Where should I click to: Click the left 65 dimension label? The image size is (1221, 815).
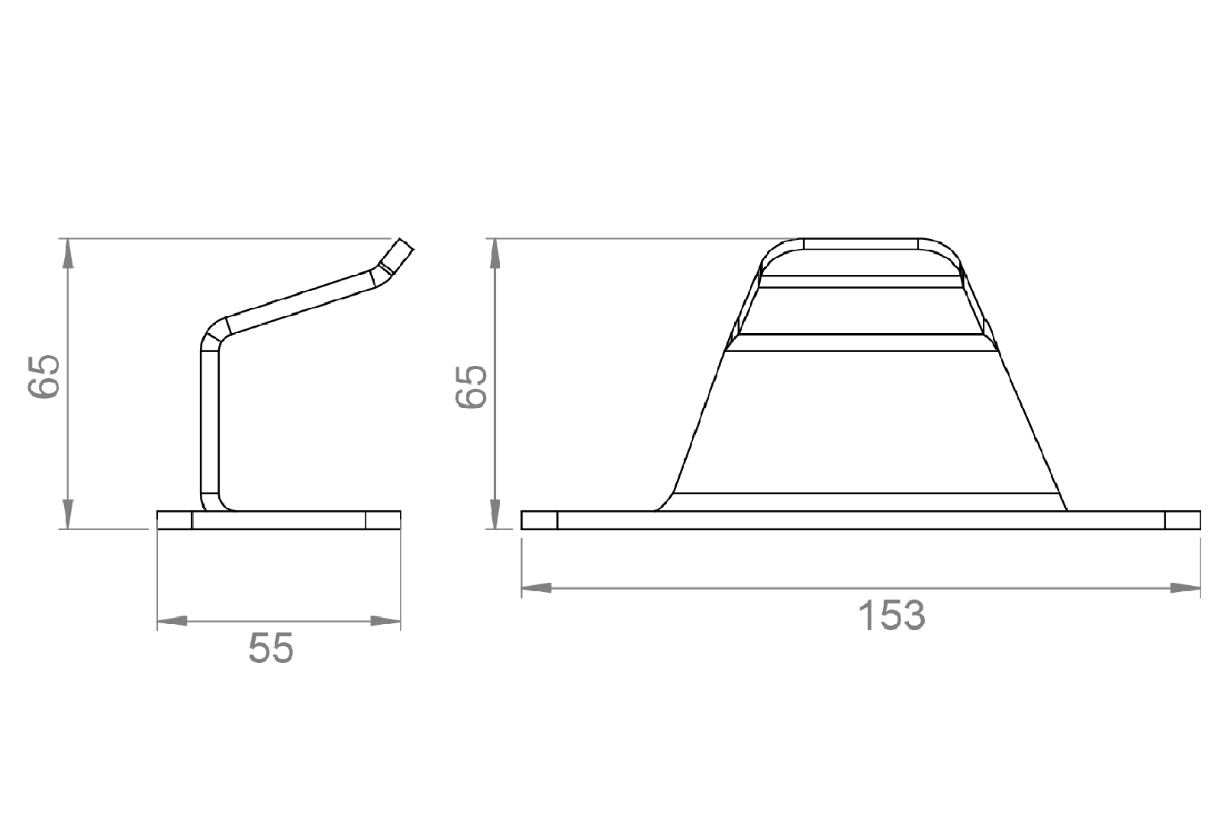43,376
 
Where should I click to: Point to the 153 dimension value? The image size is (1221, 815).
891,616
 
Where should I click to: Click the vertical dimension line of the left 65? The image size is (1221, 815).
68,428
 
